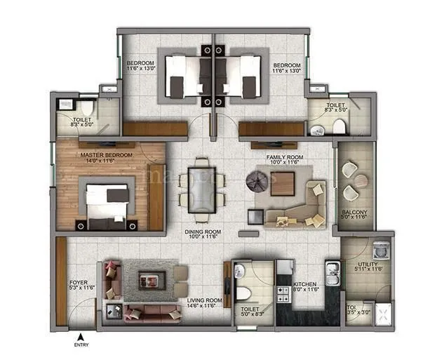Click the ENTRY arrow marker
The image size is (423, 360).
pyautogui.click(x=81, y=336)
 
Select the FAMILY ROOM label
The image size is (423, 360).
pyautogui.click(x=283, y=159)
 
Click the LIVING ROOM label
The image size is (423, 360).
pyautogui.click(x=204, y=302)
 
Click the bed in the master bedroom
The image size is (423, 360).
pyautogui.click(x=107, y=205)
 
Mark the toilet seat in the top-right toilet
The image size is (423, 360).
pyautogui.click(x=339, y=127)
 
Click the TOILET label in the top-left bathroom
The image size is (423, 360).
pyautogui.click(x=82, y=121)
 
